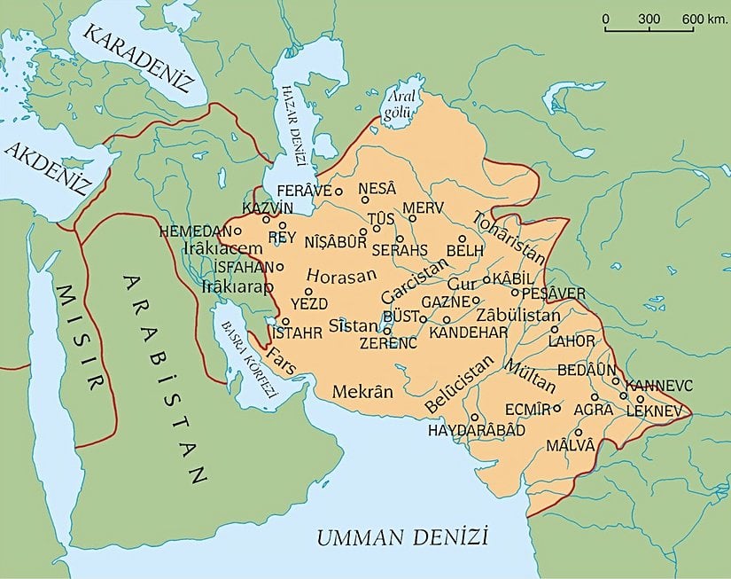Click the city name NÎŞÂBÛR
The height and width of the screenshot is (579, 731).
click(335, 240)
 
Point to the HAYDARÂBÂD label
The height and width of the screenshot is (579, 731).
click(477, 430)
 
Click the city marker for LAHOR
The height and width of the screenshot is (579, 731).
click(556, 328)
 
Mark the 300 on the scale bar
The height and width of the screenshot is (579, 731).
click(649, 19)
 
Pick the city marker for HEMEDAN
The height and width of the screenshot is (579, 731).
click(237, 231)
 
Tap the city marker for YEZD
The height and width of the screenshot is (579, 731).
click(308, 291)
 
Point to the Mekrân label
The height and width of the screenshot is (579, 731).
click(362, 390)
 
